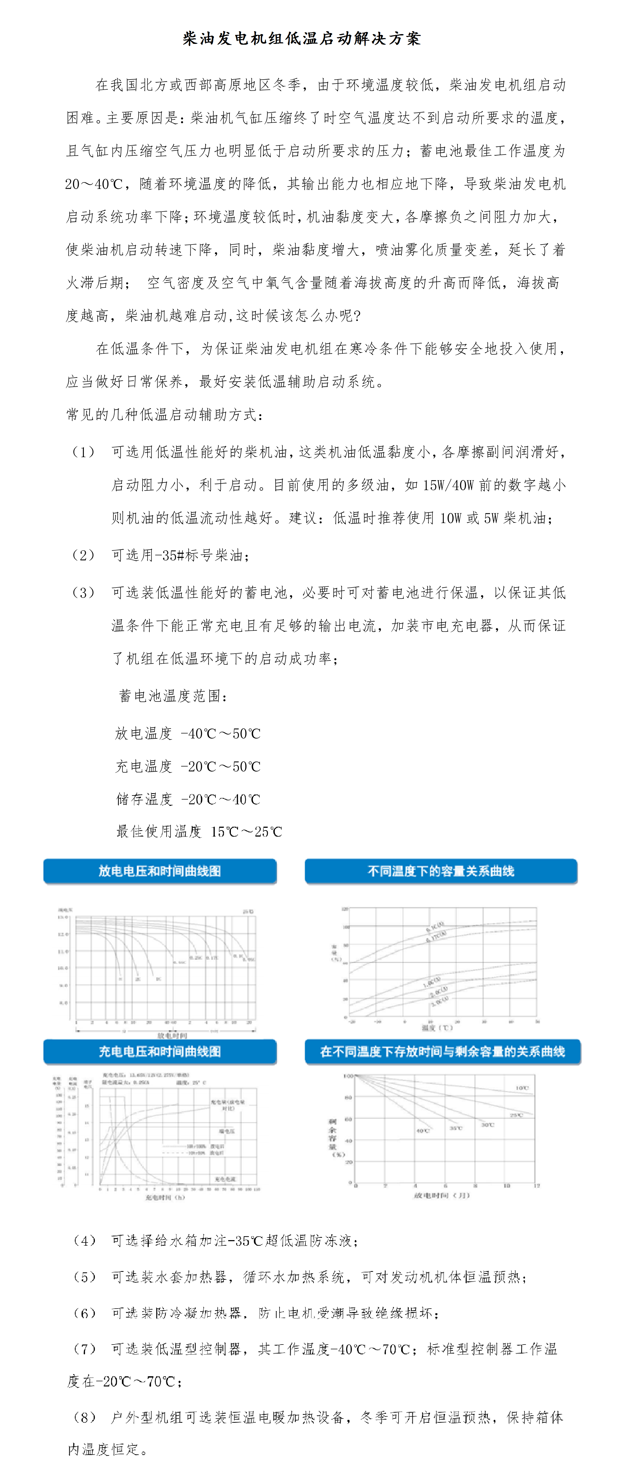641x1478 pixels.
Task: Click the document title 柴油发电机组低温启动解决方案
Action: click(302, 38)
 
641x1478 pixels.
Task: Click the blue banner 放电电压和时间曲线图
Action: click(159, 871)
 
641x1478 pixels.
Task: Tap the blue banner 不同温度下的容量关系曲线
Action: click(441, 871)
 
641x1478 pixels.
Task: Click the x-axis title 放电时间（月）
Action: click(442, 1195)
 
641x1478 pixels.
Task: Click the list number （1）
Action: click(83, 452)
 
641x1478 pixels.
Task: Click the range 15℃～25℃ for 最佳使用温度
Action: click(247, 832)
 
